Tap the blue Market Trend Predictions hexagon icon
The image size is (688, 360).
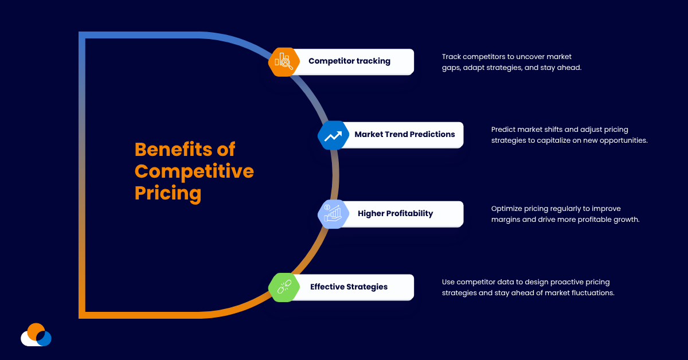tap(333, 135)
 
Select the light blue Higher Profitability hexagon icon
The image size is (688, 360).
tap(333, 214)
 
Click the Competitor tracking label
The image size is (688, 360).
tap(349, 61)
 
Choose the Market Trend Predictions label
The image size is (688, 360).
tap(404, 135)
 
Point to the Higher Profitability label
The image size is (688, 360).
tap(395, 214)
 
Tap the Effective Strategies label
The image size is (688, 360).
tap(349, 287)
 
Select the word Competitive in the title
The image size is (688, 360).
tap(194, 171)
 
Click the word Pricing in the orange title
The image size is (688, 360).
tap(167, 193)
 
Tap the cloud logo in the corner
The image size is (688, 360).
tap(36, 335)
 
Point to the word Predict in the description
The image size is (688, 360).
tap(503, 130)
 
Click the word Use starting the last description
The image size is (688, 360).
tap(448, 282)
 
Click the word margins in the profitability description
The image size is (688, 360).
tap(506, 220)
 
